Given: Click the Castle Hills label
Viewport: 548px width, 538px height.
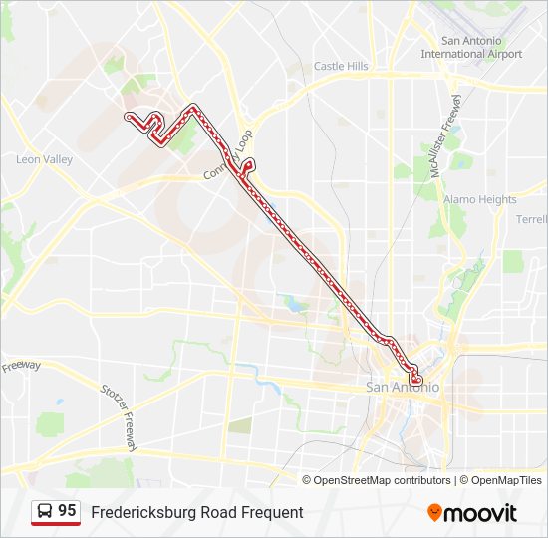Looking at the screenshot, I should tap(341, 66).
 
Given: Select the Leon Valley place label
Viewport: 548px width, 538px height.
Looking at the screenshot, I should tap(44, 159).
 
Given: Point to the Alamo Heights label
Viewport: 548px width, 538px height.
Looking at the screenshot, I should tap(480, 199).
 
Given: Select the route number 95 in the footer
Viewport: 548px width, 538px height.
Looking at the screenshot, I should tap(67, 511).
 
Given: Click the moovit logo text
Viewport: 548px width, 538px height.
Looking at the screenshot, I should tap(481, 513).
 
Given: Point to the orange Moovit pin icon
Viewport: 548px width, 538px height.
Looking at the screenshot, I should tap(435, 513).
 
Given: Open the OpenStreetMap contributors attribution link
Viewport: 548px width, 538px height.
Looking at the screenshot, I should tap(381, 480).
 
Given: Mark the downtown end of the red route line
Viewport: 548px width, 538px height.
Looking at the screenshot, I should tap(416, 380).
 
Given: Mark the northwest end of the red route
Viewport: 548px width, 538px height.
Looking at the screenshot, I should tap(128, 117).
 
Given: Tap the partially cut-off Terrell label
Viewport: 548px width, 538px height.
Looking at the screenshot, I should tap(531, 219).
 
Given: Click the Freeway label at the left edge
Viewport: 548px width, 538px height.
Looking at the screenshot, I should tap(20, 366).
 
